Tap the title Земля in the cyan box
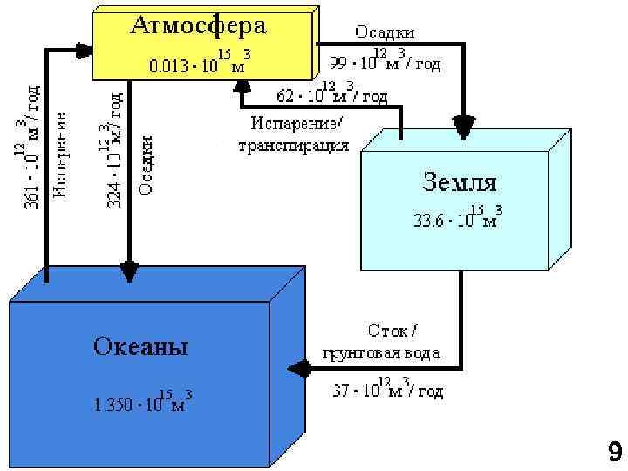(x=460, y=183)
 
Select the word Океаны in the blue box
(x=140, y=347)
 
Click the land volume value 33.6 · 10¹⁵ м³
(x=456, y=217)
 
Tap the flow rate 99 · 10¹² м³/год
(x=385, y=63)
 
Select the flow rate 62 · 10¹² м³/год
(x=332, y=92)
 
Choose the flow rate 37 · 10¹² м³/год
(x=387, y=390)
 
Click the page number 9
(x=614, y=452)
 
